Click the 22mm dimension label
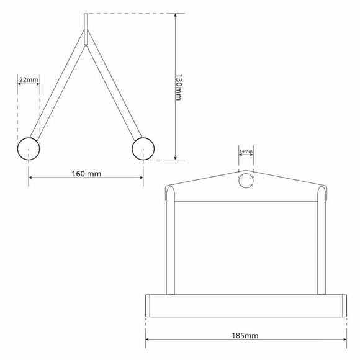(29, 80)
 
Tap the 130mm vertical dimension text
(178, 88)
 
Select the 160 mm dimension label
(86, 174)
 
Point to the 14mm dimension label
(246, 151)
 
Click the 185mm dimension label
(245, 336)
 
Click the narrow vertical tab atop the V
(86, 29)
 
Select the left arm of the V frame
(58, 85)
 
